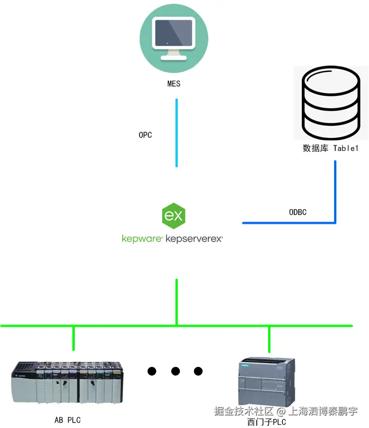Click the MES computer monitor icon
pos(174,39)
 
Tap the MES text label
pos(174,83)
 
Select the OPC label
pos(146,135)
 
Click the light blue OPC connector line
pos(177,133)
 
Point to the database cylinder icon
pos(331,102)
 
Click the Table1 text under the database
pos(346,148)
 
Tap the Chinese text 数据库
pos(316,148)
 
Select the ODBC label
pos(298,212)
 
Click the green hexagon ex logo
pos(174,216)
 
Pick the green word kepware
pos(142,239)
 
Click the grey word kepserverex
pos(194,239)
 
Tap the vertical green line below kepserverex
pos(177,302)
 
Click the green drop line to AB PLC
pos(74,338)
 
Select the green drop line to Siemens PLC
pos(269,339)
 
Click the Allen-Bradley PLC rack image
pos(67,382)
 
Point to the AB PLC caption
pos(68,420)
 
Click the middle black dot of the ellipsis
pos(176,371)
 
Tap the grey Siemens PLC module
pos(267,382)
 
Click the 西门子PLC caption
pos(267,422)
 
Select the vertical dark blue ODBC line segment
pos(335,192)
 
